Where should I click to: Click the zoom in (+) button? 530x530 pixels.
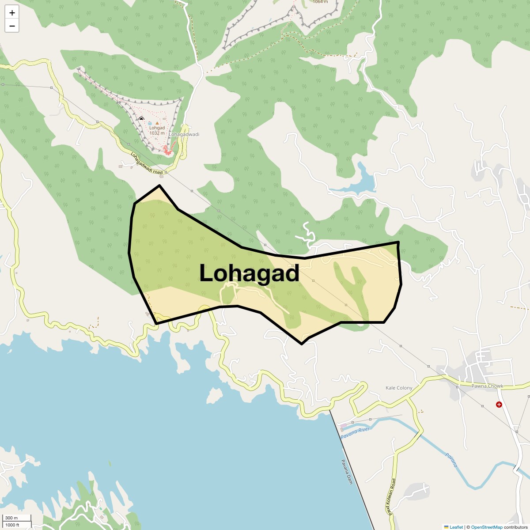[12, 13]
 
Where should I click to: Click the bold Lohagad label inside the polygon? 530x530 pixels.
[250, 273]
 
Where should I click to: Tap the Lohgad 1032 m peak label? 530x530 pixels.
[157, 130]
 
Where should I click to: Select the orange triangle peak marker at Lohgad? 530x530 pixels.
[157, 123]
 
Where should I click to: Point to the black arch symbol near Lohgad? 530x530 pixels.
[141, 119]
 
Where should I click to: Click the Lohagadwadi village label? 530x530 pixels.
[184, 134]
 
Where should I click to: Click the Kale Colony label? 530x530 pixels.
[399, 388]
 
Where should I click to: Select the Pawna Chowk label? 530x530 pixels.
[487, 386]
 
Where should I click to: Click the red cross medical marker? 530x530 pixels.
[499, 404]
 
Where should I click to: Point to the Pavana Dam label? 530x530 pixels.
[347, 472]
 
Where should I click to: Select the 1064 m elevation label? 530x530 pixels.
[320, 2]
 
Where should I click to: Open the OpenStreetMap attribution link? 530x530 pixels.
[486, 527]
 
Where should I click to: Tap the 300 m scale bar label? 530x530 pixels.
[11, 518]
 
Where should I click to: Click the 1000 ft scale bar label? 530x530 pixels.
[12, 525]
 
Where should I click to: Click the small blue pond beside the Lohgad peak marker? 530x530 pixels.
[150, 123]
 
